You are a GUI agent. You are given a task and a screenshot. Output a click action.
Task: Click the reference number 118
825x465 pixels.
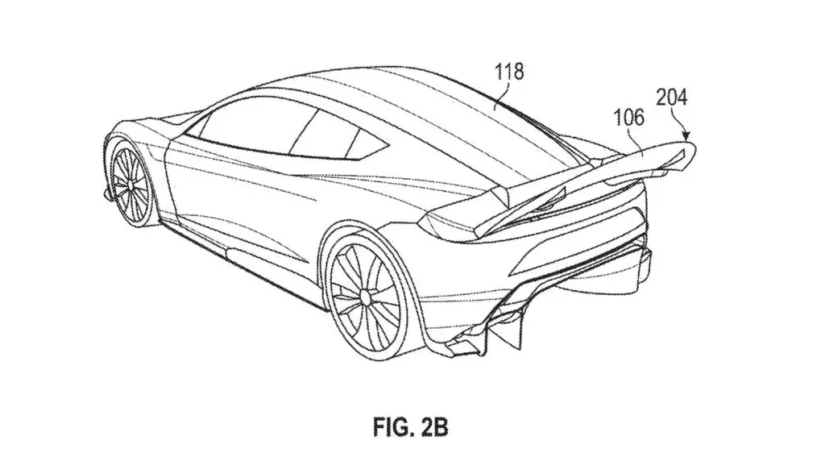[509, 71]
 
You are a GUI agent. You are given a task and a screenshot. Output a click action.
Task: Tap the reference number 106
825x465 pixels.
[628, 117]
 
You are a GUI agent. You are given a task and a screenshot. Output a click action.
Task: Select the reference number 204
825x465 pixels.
[671, 98]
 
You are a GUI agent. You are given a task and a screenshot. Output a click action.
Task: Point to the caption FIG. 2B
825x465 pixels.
[410, 426]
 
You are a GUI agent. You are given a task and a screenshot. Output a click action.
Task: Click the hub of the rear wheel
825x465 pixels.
[363, 296]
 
